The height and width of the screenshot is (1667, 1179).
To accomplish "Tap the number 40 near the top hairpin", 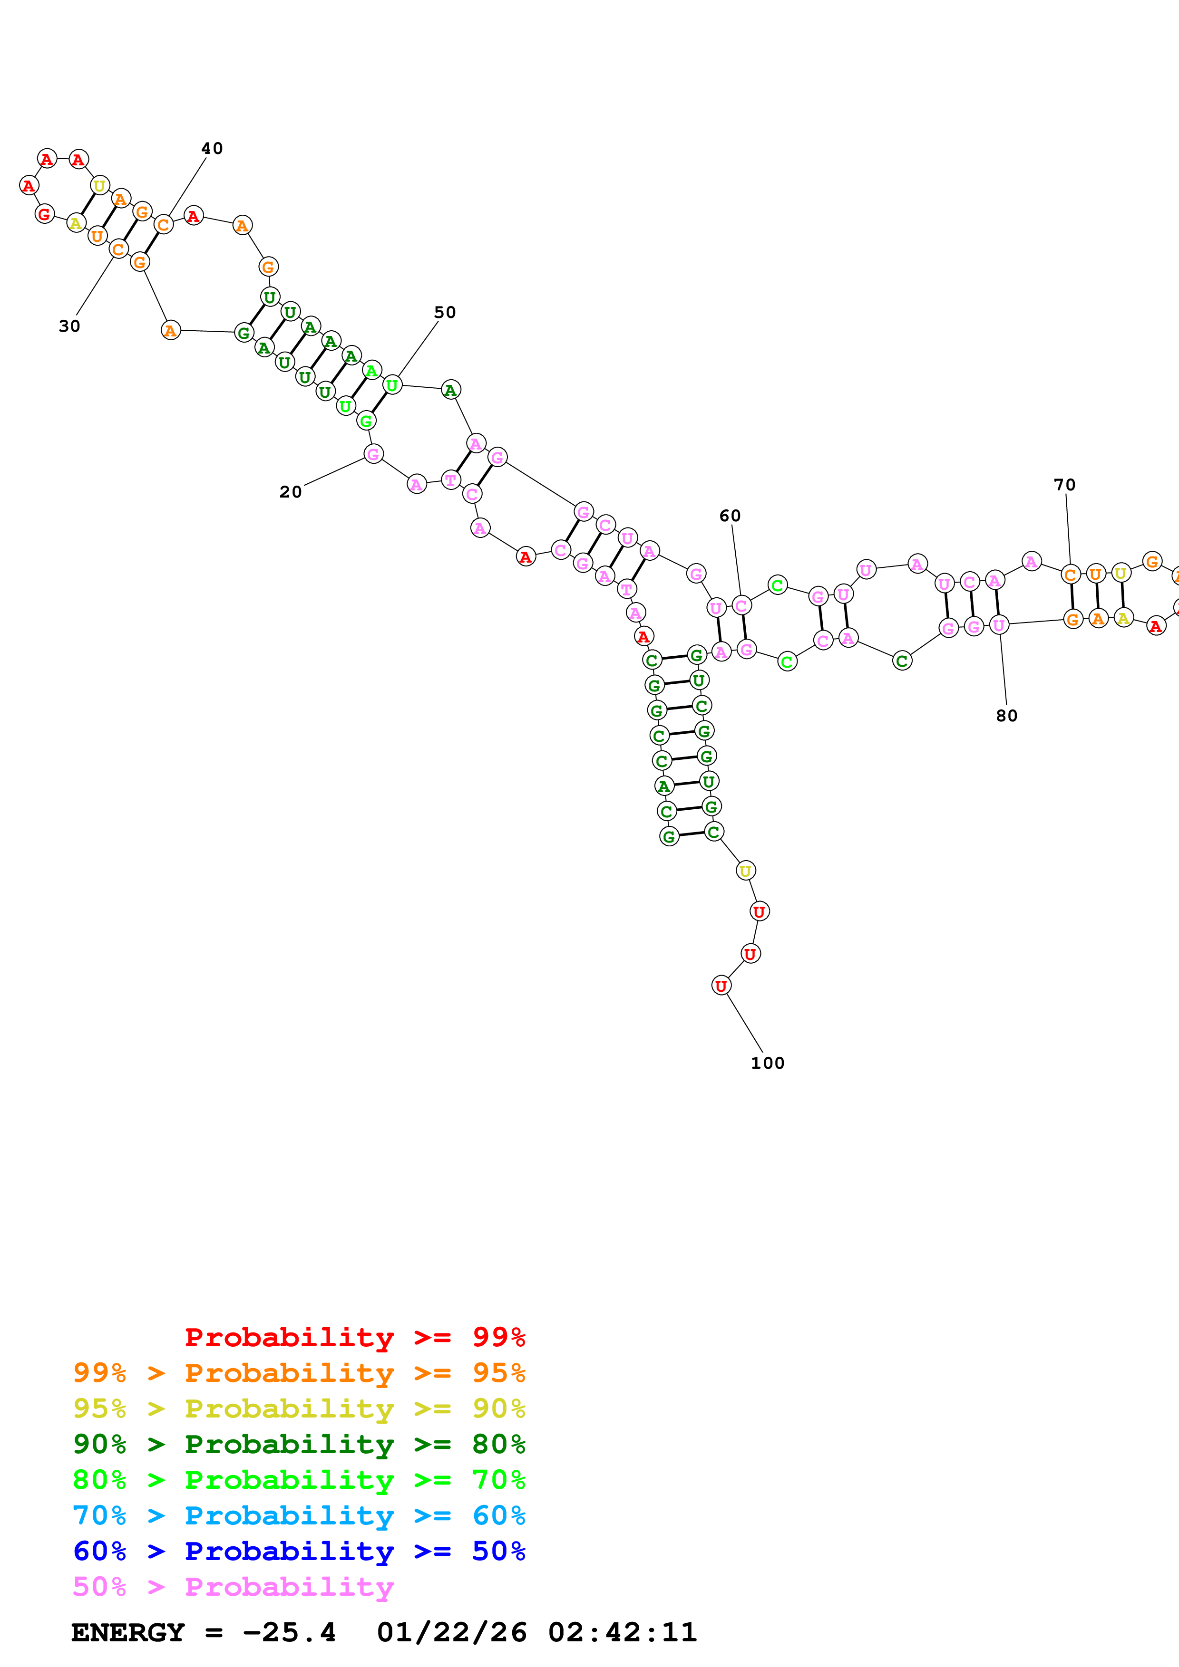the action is (212, 148).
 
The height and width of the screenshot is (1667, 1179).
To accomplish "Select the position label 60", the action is (730, 516).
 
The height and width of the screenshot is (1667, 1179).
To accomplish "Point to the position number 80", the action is (1007, 715).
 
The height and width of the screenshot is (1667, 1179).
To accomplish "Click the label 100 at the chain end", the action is (768, 1063).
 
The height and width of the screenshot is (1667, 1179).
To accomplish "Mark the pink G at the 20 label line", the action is (373, 454).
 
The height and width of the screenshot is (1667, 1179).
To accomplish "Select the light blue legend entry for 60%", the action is (299, 1515).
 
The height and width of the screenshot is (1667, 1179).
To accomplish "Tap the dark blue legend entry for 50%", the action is (299, 1551).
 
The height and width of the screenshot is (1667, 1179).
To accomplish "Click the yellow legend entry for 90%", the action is (299, 1408).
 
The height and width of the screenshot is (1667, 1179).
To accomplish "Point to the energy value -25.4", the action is (289, 1632).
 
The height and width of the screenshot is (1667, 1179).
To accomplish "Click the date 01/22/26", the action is (452, 1632).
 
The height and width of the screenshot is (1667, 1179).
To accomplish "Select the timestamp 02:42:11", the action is (623, 1632).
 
